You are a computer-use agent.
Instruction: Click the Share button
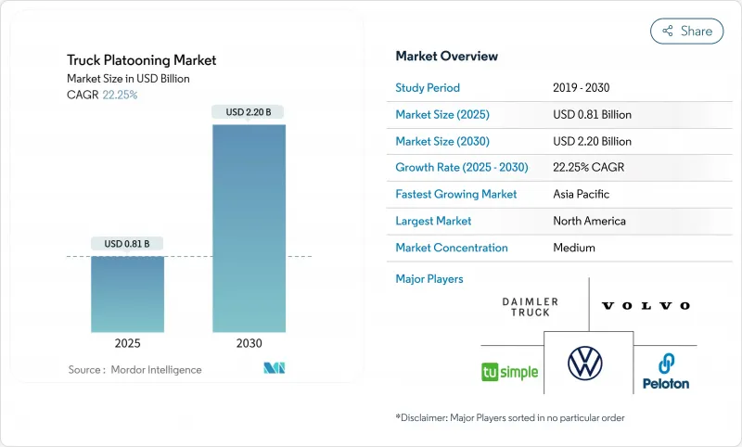pyautogui.click(x=686, y=31)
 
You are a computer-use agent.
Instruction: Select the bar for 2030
pyautogui.click(x=249, y=227)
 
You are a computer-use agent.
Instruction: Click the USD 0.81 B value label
pyautogui.click(x=127, y=244)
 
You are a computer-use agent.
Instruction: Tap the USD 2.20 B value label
pyautogui.click(x=249, y=112)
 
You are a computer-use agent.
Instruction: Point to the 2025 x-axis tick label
pyautogui.click(x=127, y=343)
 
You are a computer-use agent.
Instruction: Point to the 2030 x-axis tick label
pyautogui.click(x=249, y=343)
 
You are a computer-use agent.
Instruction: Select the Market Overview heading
pyautogui.click(x=446, y=57)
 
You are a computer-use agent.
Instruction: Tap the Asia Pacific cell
pyautogui.click(x=582, y=195)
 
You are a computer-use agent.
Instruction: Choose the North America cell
pyautogui.click(x=588, y=221)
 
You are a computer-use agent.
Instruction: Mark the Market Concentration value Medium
pyautogui.click(x=575, y=248)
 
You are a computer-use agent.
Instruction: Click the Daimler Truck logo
pyautogui.click(x=531, y=307)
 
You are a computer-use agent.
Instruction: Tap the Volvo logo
pyautogui.click(x=646, y=305)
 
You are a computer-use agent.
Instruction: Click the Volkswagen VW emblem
pyautogui.click(x=585, y=363)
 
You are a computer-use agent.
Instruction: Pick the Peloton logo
pyautogui.click(x=666, y=371)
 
